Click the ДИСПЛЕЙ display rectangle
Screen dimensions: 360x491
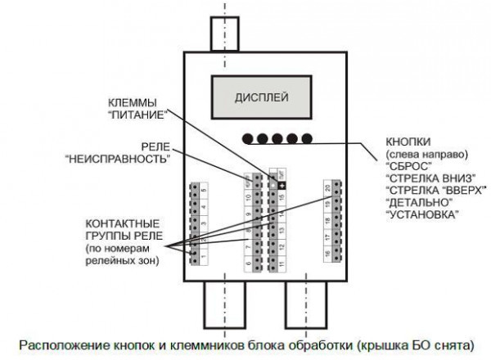[x=262, y=96]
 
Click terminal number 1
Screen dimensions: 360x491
[x=204, y=259]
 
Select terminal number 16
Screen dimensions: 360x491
[x=327, y=256]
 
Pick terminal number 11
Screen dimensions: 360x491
[x=282, y=263]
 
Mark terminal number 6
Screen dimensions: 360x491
[x=248, y=264]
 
